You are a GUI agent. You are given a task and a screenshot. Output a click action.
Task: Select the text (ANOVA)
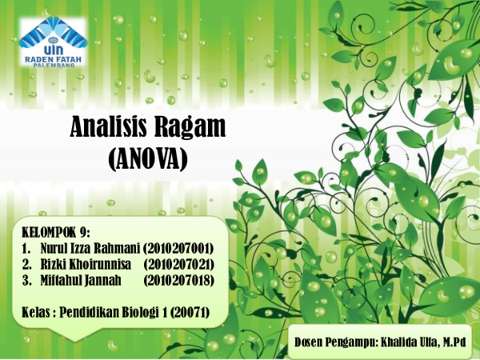[147, 159]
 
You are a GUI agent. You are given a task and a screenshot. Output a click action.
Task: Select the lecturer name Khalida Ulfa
[410, 342]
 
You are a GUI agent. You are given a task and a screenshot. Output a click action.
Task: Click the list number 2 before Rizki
[26, 263]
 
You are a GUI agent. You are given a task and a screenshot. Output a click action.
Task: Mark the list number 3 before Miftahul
[26, 279]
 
